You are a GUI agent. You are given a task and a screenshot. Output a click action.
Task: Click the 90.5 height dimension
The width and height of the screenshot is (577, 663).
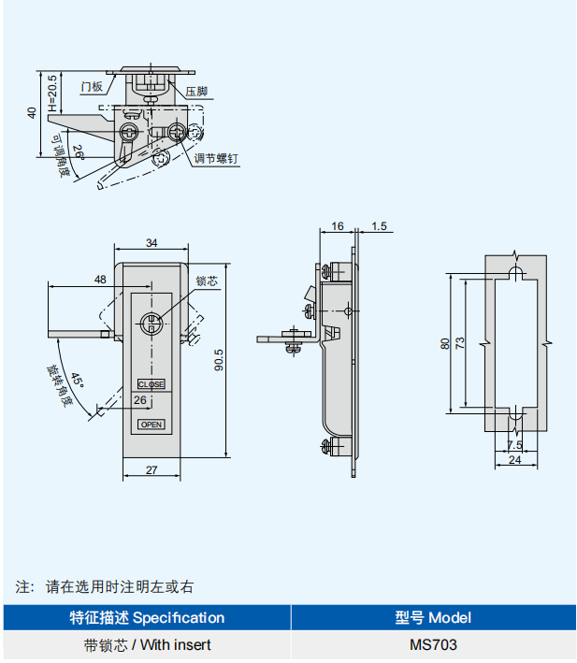click(x=219, y=360)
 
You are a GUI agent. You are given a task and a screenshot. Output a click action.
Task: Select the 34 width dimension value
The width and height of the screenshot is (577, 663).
click(x=151, y=243)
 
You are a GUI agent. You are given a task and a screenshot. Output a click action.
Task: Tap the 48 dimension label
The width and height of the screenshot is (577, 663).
click(x=100, y=280)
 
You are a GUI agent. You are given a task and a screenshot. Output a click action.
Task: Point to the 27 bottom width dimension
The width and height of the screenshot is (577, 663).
click(x=151, y=470)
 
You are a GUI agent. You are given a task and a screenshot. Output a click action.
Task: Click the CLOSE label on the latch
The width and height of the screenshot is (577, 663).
click(x=151, y=384)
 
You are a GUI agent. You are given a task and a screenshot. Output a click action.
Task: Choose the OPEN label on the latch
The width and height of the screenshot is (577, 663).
click(x=151, y=425)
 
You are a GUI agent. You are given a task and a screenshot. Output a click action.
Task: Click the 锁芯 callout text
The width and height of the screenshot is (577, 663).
click(x=207, y=281)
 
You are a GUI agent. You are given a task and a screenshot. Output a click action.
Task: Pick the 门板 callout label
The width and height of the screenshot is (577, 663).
click(x=91, y=87)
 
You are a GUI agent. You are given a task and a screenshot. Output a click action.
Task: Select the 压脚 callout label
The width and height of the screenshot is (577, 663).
click(x=195, y=92)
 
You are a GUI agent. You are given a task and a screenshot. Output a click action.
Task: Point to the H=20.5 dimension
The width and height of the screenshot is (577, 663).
click(x=52, y=91)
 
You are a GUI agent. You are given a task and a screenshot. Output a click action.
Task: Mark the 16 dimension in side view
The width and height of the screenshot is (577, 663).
click(x=338, y=226)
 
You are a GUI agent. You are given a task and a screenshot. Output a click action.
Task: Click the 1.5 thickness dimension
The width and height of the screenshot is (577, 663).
click(x=379, y=226)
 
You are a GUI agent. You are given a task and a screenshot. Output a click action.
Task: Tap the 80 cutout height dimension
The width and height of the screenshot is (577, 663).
click(x=445, y=343)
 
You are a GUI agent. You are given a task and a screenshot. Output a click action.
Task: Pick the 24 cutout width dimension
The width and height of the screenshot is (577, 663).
click(x=514, y=459)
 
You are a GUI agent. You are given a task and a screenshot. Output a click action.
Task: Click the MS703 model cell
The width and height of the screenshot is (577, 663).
click(x=433, y=644)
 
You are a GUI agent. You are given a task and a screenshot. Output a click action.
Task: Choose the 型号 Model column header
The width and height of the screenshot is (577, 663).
click(x=433, y=617)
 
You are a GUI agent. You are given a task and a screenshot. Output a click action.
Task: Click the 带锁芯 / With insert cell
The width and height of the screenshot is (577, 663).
click(x=147, y=644)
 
